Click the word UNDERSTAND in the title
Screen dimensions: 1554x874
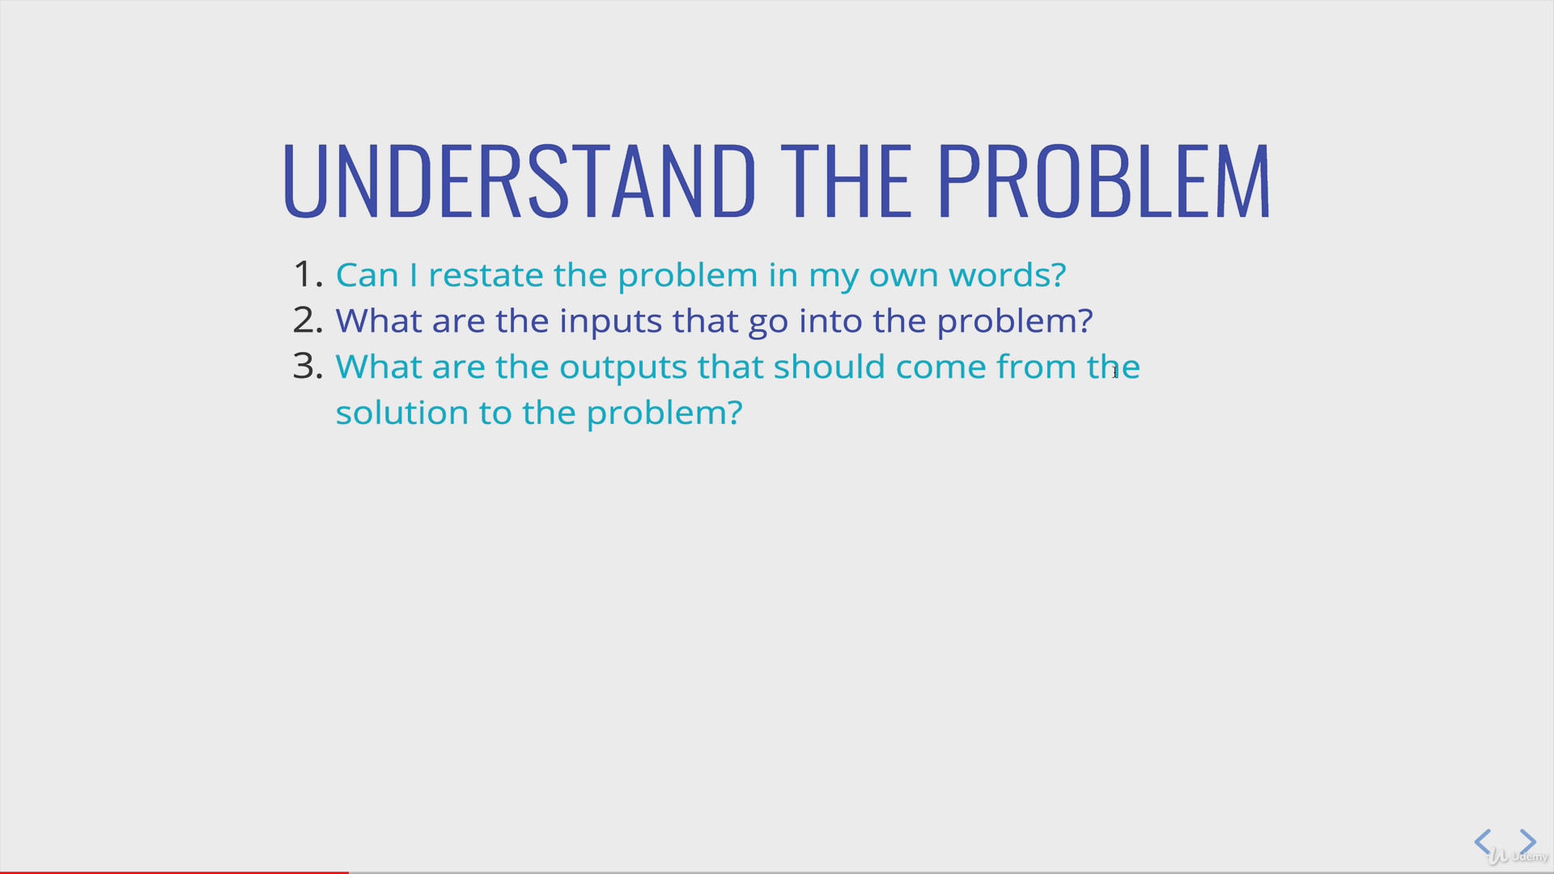coord(519,180)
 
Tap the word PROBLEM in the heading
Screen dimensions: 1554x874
coord(1104,180)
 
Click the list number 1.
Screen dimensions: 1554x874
coord(308,274)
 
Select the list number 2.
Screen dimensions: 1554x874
coord(308,320)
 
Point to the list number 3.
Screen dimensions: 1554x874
coord(308,366)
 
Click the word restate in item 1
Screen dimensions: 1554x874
coord(486,275)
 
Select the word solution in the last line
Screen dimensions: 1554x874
coord(401,413)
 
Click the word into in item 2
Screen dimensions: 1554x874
coord(830,321)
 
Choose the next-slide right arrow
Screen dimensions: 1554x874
coord(1528,842)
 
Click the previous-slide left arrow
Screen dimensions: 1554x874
coord(1483,842)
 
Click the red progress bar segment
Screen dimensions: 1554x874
coord(174,872)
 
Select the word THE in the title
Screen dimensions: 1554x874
coord(846,180)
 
